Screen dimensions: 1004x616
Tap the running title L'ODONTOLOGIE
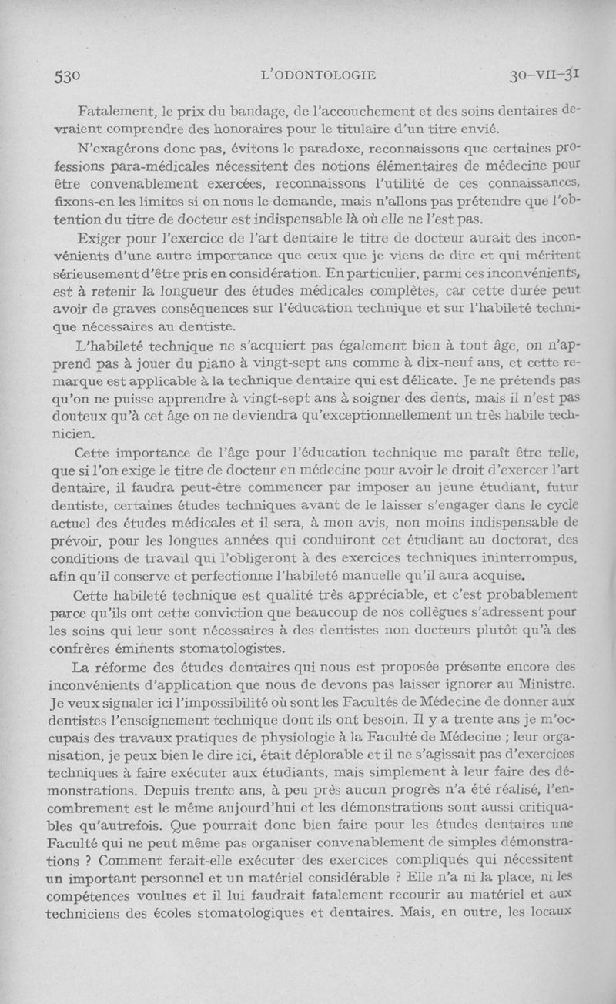(319, 75)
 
